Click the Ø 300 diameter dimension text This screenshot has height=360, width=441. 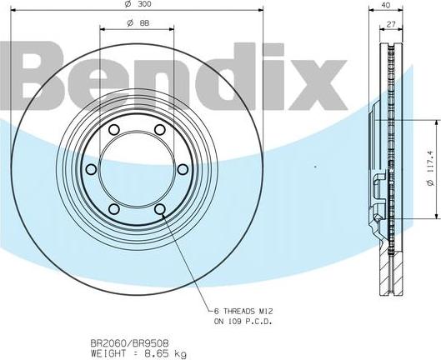[138, 4]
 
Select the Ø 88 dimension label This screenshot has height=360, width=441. [138, 23]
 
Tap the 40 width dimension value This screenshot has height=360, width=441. [386, 4]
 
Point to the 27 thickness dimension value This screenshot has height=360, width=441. [391, 24]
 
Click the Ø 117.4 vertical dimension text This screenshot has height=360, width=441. [431, 168]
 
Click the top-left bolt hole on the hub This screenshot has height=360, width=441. [114, 130]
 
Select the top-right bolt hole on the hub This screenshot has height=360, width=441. [160, 130]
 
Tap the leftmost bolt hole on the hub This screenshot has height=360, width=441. [91, 169]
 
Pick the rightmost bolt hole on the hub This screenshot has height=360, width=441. [183, 169]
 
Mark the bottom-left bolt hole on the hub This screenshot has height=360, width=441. [114, 209]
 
